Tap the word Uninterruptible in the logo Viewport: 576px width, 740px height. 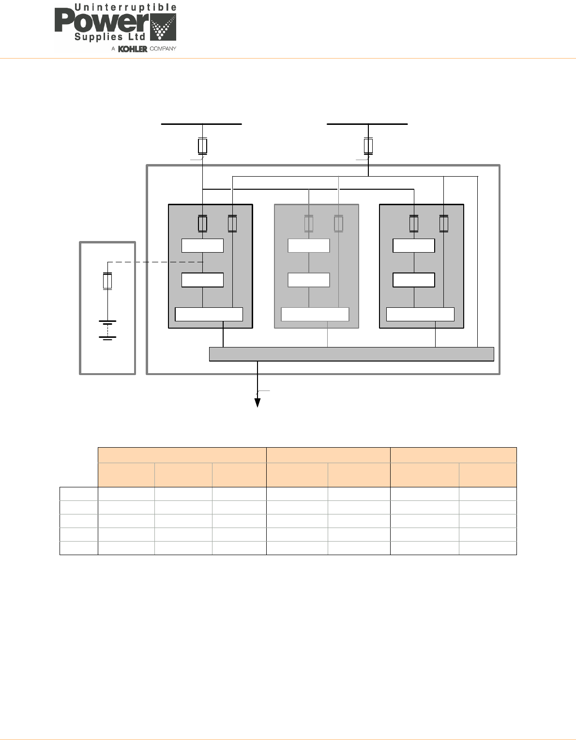(125, 8)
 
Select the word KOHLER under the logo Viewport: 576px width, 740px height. (132, 49)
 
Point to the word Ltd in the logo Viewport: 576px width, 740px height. (137, 37)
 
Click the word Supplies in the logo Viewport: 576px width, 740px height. (98, 37)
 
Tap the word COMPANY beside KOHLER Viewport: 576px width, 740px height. (163, 49)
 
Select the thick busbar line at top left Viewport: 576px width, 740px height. (201, 124)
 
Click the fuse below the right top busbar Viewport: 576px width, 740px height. (368, 146)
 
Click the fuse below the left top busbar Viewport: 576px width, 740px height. (203, 146)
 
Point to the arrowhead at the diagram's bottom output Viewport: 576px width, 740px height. (258, 403)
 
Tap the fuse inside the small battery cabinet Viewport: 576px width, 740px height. (107, 281)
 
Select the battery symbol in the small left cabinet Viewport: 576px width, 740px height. (107, 330)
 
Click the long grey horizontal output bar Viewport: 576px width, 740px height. (351, 354)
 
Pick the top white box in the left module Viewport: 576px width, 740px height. (202, 245)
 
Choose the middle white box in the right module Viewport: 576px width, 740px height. (414, 280)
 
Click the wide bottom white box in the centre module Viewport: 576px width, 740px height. (315, 314)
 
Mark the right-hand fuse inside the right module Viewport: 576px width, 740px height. (444, 224)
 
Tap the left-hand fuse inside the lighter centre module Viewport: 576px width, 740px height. (309, 224)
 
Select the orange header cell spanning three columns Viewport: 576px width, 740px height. (182, 455)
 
